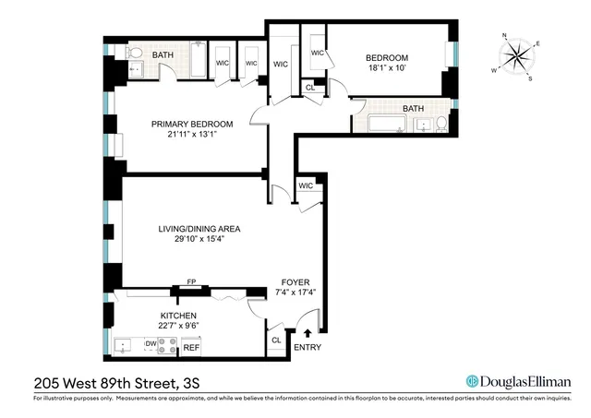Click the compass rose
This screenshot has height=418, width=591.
click(520, 57)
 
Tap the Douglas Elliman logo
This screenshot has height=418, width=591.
click(518, 381)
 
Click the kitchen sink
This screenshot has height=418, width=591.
click(125, 347)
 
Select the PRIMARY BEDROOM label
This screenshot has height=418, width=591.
click(192, 124)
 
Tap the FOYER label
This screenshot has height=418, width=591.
click(296, 281)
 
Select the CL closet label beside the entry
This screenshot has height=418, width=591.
click(276, 340)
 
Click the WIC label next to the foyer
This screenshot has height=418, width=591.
click(306, 185)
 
